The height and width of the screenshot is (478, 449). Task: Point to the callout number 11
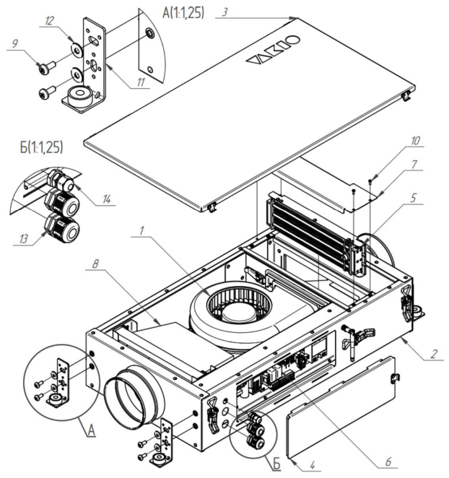pyautogui.click(x=139, y=83)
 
